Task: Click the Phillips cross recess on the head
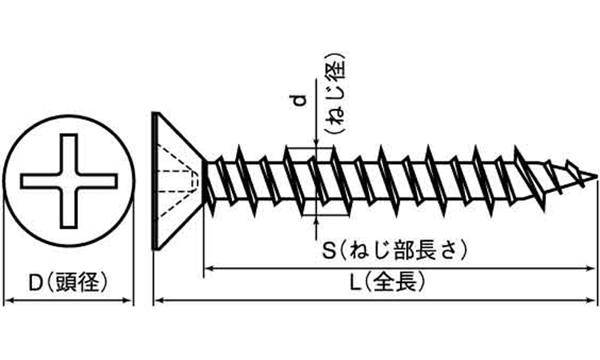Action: [69, 181]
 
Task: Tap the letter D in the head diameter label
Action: [35, 283]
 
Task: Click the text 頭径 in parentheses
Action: [78, 283]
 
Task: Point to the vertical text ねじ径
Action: [336, 93]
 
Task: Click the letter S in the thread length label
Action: [329, 251]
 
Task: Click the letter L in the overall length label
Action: [355, 283]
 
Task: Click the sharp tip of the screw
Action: [596, 176]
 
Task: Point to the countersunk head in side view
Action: [178, 181]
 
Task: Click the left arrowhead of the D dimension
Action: [9, 300]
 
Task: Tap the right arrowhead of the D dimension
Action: [128, 300]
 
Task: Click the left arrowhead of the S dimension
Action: [209, 269]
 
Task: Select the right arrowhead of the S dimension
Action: [590, 269]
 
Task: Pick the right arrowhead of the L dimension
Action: [590, 300]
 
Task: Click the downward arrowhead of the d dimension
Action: [316, 142]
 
